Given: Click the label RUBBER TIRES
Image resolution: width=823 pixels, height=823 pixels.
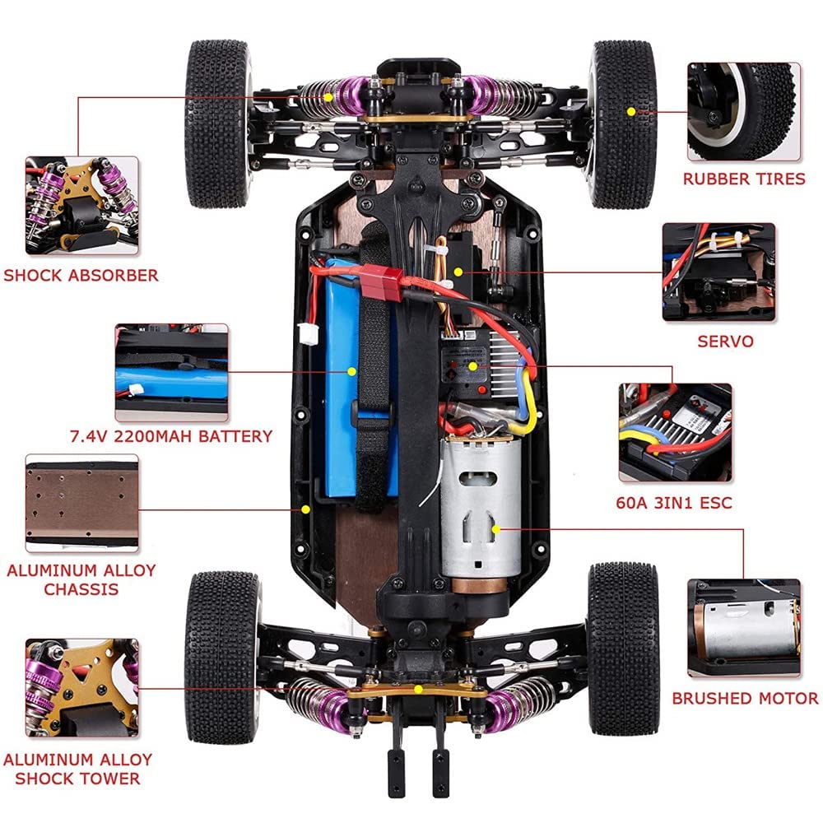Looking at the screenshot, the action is click(744, 179).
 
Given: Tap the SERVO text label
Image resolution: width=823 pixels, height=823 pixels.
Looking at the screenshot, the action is click(725, 342).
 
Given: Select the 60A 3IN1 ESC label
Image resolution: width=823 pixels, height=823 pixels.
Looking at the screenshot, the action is click(674, 503).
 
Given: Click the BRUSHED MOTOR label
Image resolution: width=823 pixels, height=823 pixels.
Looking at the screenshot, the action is click(745, 699).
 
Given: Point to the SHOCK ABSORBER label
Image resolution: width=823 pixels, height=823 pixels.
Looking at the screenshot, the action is click(81, 276).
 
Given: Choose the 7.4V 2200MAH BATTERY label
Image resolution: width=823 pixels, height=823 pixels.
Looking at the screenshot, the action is click(171, 436).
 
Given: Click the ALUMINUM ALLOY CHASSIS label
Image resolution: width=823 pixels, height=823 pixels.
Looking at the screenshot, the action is click(81, 579).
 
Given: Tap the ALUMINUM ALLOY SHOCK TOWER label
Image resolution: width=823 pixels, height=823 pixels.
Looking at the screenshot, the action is click(77, 769).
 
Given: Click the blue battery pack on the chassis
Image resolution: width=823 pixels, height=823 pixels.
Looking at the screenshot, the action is click(348, 378).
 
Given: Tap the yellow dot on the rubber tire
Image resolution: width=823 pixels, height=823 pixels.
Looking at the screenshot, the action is click(631, 111).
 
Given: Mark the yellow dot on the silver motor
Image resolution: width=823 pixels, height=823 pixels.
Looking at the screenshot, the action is click(495, 529).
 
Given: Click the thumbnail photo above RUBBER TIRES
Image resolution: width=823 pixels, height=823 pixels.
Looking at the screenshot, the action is click(744, 112).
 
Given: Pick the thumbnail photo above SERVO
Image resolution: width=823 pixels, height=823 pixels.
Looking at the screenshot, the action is click(718, 272).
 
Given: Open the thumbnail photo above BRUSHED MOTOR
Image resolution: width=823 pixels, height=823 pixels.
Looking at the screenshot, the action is click(744, 628).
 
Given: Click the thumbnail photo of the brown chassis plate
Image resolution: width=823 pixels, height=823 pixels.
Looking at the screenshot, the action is click(81, 504).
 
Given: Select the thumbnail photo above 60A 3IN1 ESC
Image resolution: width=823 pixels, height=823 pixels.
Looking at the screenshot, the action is click(675, 433).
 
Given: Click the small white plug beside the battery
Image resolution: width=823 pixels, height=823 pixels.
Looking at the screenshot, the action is click(308, 334).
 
